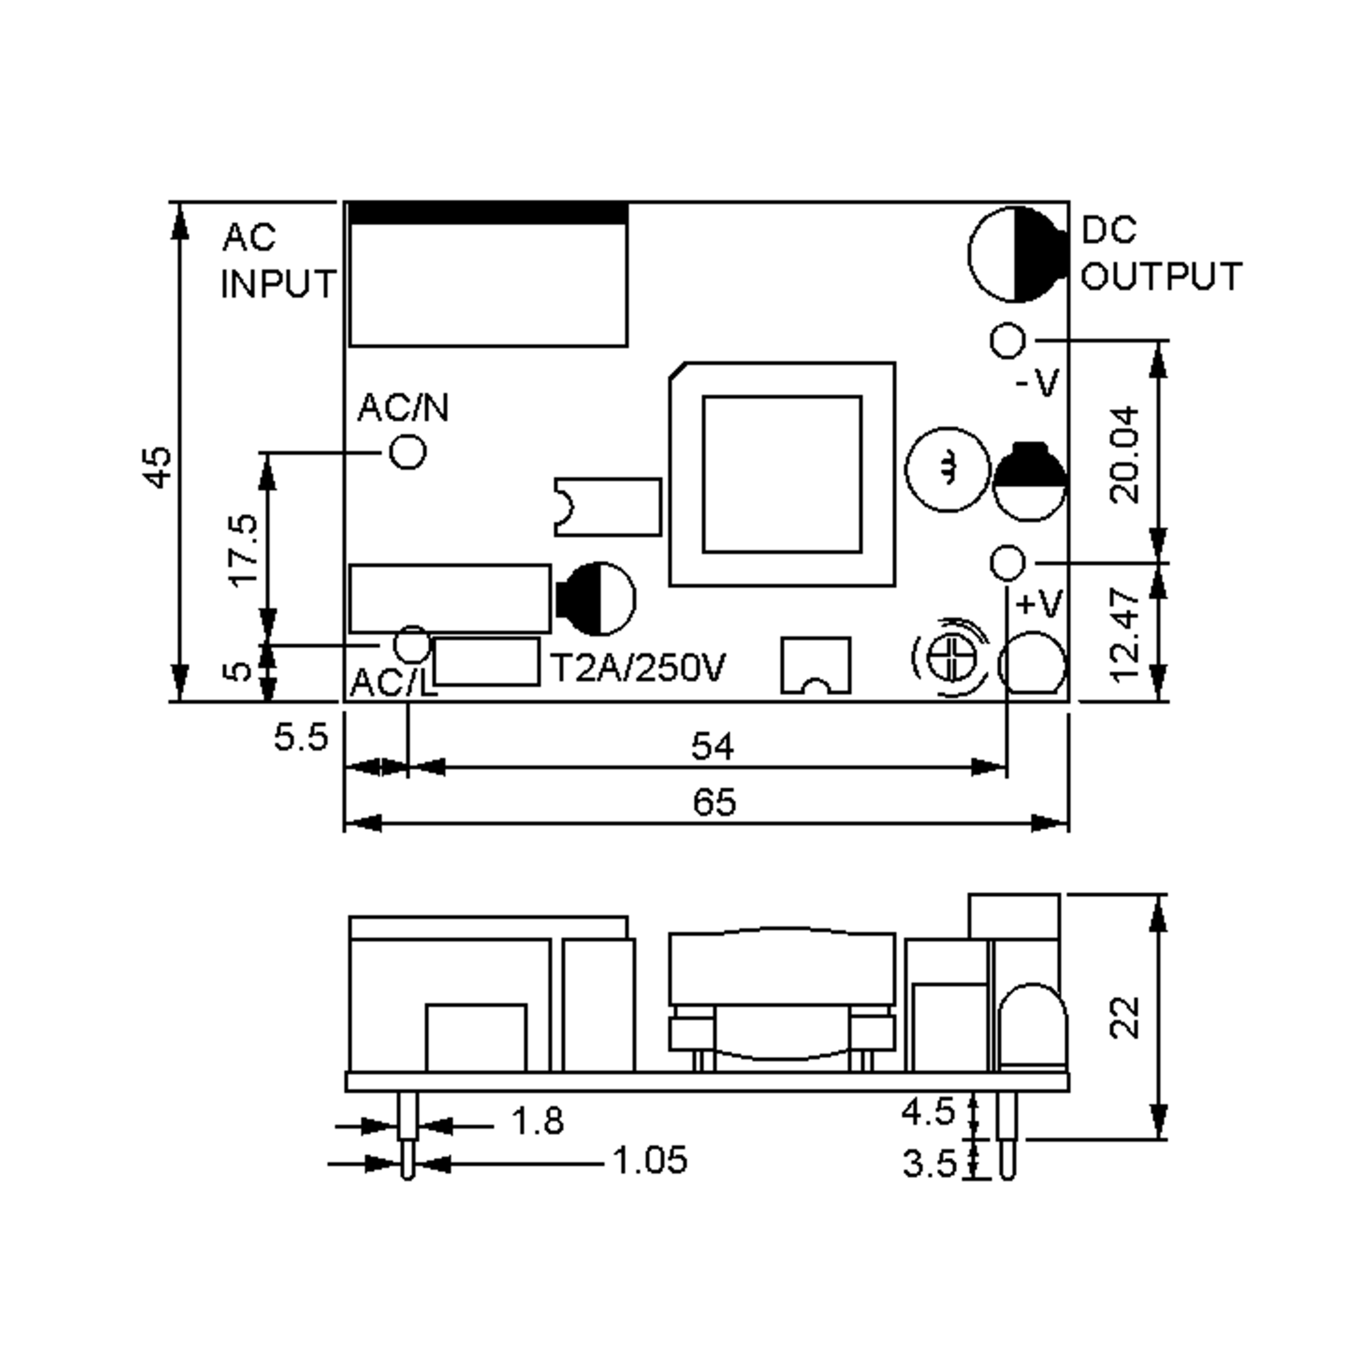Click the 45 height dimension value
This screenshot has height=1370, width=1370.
[158, 468]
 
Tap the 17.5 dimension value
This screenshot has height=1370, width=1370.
[243, 550]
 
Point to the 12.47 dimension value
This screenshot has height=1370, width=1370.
[1125, 635]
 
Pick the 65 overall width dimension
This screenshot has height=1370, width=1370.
[714, 802]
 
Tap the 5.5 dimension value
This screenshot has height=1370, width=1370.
[301, 738]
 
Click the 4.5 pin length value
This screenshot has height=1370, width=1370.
[929, 1112]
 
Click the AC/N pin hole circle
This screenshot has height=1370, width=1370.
[408, 451]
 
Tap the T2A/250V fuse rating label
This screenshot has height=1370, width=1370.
[638, 667]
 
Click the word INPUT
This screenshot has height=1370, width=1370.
[278, 284]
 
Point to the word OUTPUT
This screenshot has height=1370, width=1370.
[1161, 276]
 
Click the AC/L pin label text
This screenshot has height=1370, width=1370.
[392, 682]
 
